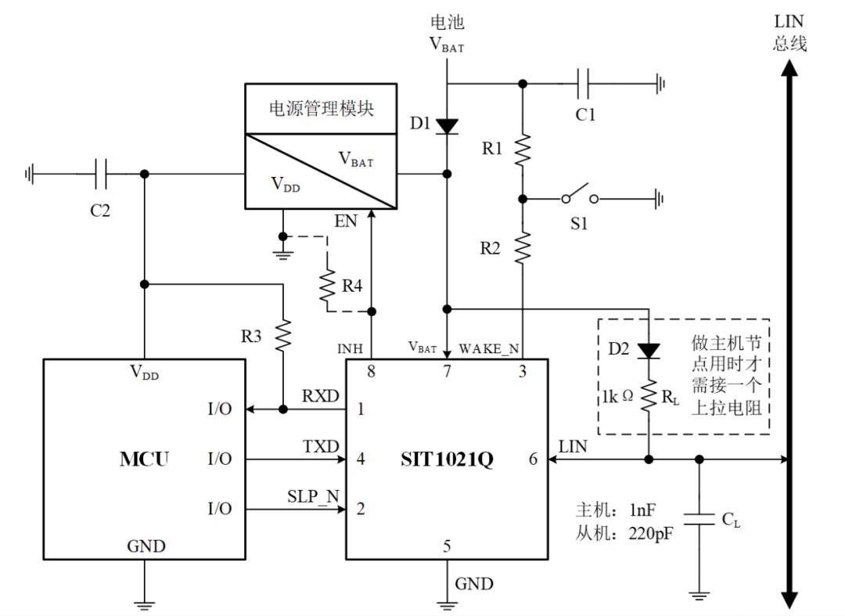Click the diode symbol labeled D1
(447, 125)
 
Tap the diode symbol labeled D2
(649, 350)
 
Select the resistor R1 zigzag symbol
(522, 149)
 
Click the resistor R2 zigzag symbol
(522, 245)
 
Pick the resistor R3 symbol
(281, 334)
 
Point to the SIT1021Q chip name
(447, 459)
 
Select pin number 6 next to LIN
(534, 459)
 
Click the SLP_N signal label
(313, 497)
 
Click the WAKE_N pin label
(490, 348)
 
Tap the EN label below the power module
(345, 221)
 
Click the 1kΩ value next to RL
(617, 397)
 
